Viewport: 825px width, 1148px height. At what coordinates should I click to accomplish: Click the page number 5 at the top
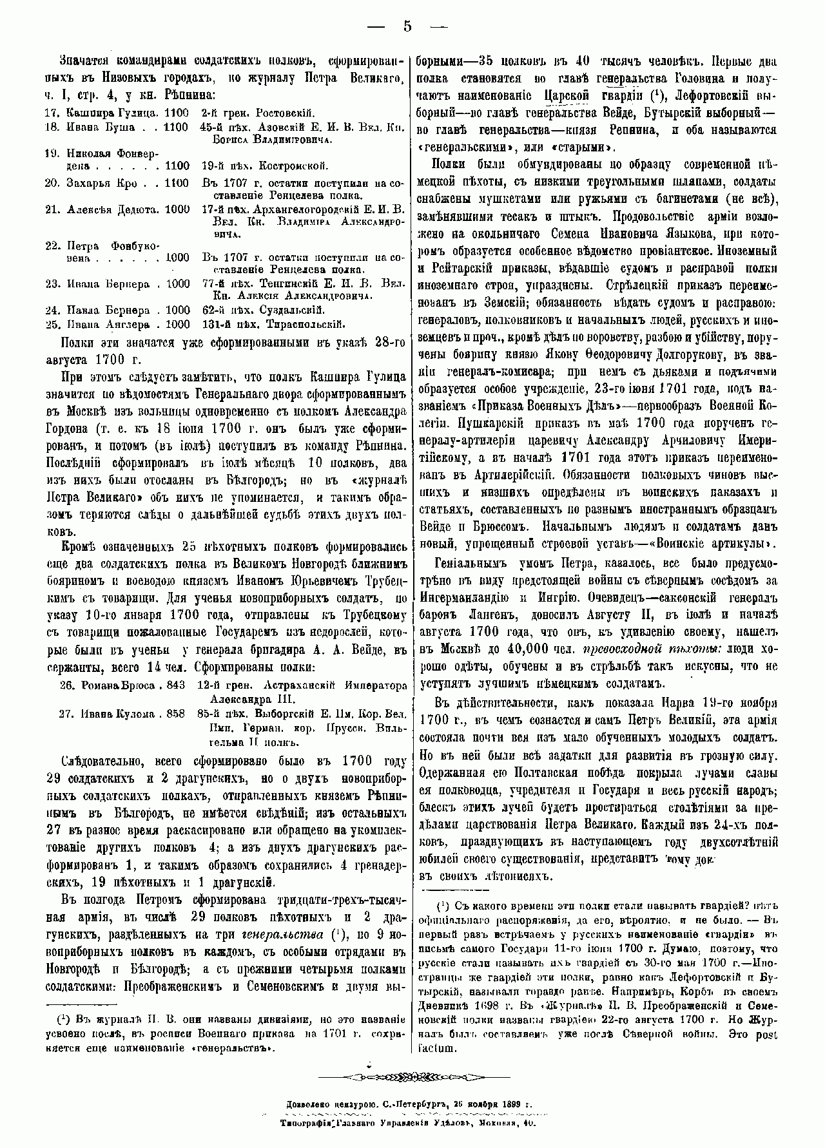(x=407, y=27)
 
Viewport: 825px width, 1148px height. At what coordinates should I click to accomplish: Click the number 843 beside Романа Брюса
(x=175, y=685)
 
